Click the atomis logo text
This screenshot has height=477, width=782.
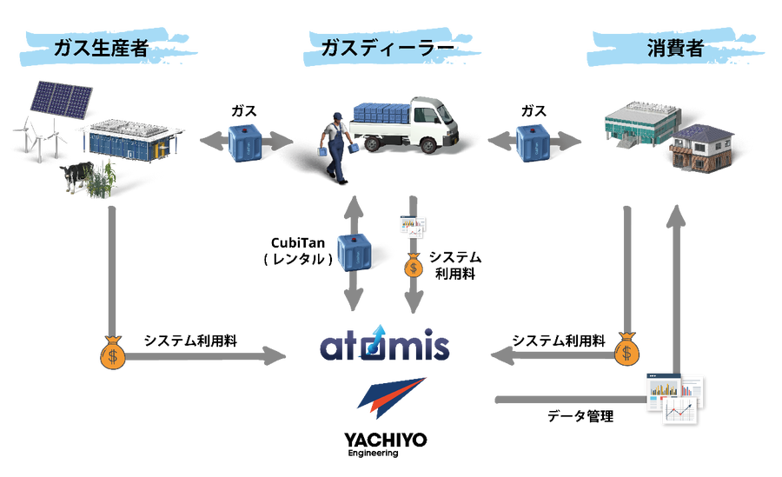(x=385, y=347)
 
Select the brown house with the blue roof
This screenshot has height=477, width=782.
(x=701, y=149)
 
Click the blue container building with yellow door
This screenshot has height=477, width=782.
(x=130, y=140)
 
